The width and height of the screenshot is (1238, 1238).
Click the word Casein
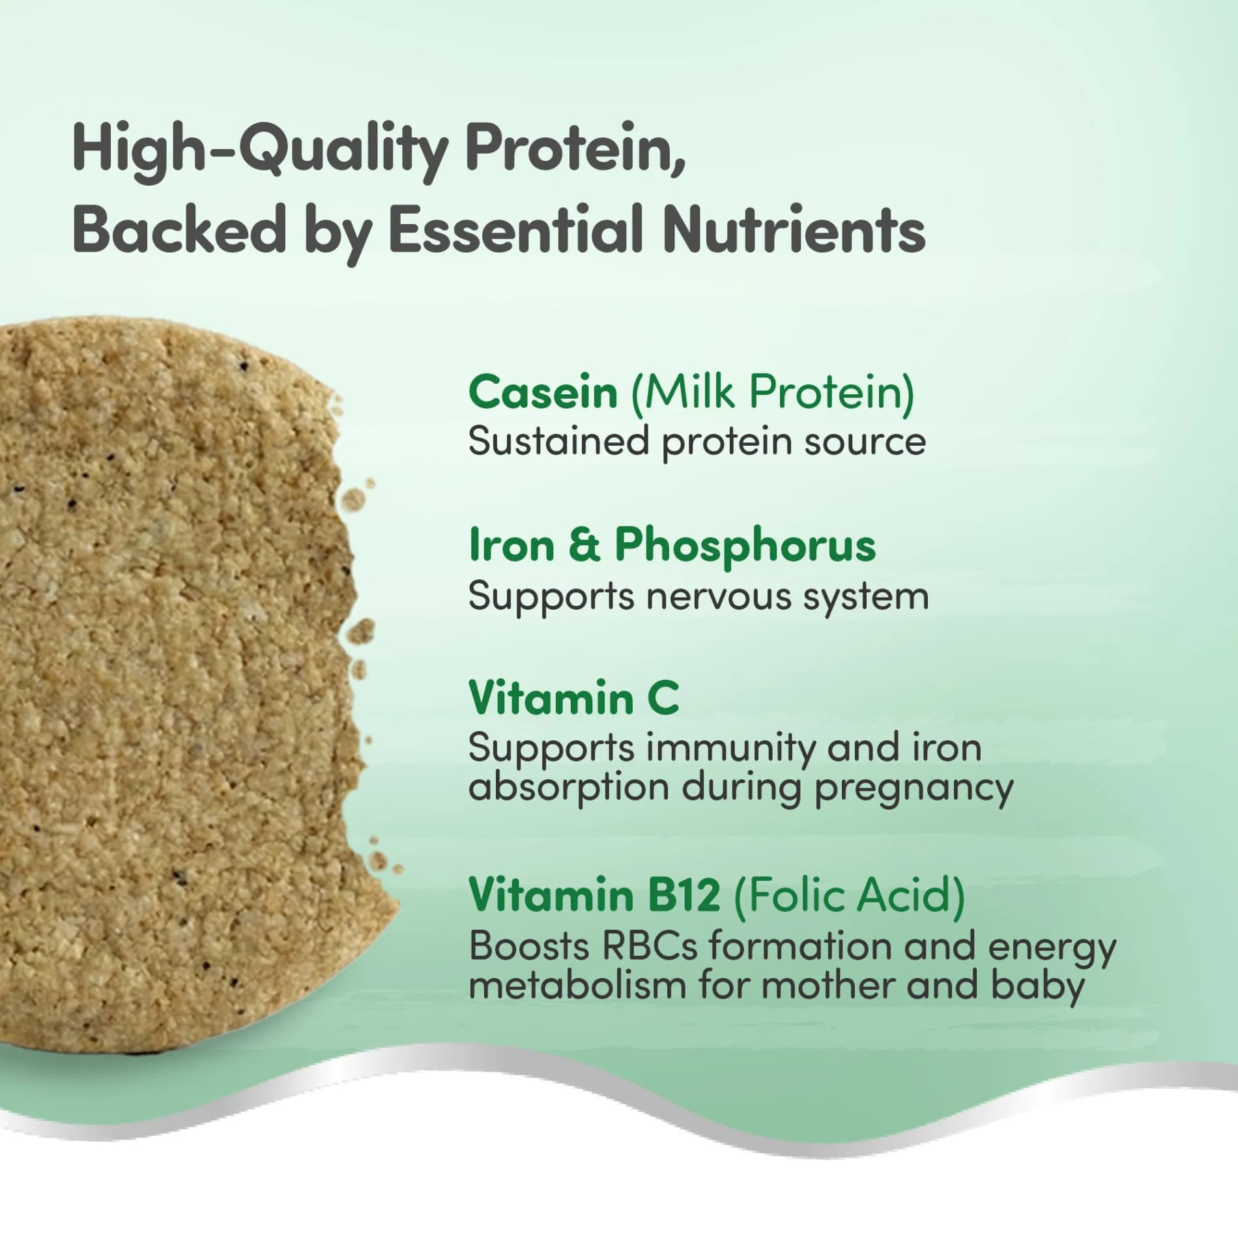coord(542,393)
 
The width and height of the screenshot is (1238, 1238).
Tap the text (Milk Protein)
coord(772,393)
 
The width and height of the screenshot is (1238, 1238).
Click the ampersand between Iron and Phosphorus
coord(584,546)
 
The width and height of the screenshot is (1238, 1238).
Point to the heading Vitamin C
coord(573,698)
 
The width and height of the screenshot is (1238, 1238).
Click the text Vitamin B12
coord(594,895)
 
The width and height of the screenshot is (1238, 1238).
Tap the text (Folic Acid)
coord(849,895)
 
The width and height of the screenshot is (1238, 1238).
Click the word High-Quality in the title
coord(259,150)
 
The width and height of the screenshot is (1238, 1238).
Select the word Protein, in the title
coord(575,150)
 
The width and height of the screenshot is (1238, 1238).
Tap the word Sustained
coord(558,442)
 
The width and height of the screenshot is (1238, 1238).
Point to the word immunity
coord(730,749)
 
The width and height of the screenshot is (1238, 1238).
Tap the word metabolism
coord(577,985)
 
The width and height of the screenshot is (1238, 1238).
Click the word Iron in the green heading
coord(511,546)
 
